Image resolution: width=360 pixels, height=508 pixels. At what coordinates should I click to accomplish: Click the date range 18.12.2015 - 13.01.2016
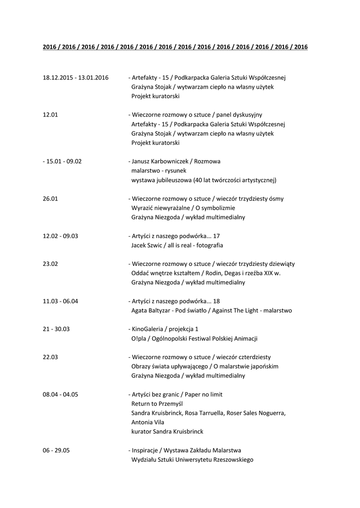[75, 78]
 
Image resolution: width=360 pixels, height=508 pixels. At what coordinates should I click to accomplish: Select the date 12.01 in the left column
[51, 115]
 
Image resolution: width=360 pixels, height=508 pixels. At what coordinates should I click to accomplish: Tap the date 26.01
[51, 199]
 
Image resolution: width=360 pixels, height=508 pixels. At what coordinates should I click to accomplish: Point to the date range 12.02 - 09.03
[61, 236]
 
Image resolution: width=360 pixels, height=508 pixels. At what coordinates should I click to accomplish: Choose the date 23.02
[51, 264]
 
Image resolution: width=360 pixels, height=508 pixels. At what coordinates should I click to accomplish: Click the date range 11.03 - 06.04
[61, 301]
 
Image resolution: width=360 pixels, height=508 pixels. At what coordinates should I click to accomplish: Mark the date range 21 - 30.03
[56, 329]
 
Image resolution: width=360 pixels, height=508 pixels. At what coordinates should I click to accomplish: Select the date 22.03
[51, 357]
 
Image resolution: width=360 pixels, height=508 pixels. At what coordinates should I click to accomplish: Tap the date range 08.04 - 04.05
[61, 394]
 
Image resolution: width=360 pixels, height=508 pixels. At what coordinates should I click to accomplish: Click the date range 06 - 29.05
[56, 450]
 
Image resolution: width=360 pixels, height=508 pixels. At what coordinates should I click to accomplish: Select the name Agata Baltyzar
[152, 311]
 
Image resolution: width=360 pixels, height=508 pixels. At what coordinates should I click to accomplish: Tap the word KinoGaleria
[147, 329]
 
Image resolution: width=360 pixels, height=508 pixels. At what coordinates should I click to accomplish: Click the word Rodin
[222, 273]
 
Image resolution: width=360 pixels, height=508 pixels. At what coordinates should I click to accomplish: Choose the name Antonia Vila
[147, 422]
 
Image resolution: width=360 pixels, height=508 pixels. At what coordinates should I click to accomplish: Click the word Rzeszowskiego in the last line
[232, 460]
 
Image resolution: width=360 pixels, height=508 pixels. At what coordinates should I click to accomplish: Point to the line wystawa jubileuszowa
[204, 180]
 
